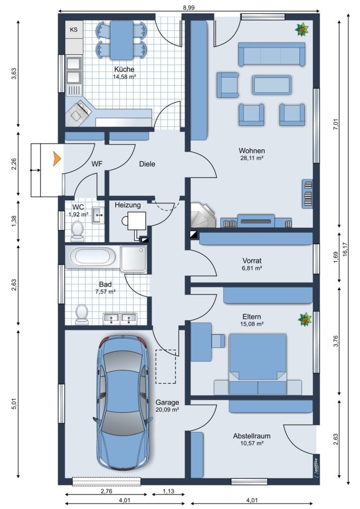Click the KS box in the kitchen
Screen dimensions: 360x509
(x=74, y=29)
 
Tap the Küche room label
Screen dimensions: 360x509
(x=124, y=69)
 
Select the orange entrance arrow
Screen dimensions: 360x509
(x=57, y=159)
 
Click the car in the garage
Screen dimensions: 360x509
(x=123, y=402)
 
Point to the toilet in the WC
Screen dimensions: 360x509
(x=77, y=231)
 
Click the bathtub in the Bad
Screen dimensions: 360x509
(x=93, y=257)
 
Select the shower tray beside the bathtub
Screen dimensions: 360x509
(x=133, y=258)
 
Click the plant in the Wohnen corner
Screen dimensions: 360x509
(x=302, y=30)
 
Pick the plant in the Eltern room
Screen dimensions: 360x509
(x=305, y=319)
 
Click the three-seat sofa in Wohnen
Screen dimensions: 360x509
(x=271, y=54)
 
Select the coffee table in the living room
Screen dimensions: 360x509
(x=271, y=85)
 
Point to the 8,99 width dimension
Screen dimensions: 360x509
(x=188, y=8)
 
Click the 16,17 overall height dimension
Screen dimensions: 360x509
(x=345, y=250)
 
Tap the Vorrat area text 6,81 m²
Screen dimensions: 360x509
(x=252, y=268)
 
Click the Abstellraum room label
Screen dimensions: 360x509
(x=252, y=436)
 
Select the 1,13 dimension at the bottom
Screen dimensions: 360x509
(x=168, y=491)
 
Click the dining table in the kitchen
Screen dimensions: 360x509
(x=122, y=40)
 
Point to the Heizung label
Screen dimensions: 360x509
(x=128, y=205)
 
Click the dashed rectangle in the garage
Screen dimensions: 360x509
(x=166, y=366)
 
